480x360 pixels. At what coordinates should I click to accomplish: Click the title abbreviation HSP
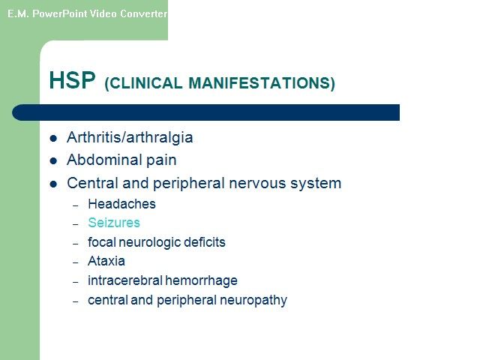pos(72,80)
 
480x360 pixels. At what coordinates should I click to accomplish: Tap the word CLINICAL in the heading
pos(143,83)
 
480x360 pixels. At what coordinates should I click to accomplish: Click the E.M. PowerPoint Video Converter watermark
pos(87,13)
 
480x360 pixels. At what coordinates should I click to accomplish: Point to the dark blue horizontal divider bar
pos(205,112)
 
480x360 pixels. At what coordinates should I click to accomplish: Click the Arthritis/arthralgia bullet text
pos(130,137)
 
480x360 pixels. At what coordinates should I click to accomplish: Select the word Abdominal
pos(104,160)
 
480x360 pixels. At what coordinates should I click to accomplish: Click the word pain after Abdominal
pos(161,160)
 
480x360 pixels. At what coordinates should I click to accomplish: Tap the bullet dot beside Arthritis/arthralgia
pos(53,138)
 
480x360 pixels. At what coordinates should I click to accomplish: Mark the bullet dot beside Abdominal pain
pos(53,161)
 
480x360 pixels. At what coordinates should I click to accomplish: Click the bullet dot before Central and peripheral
pos(53,184)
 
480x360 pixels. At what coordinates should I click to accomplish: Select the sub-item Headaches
pos(121,204)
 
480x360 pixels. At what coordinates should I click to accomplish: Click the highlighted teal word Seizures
pos(114,223)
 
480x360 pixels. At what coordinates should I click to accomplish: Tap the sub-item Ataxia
pos(106,261)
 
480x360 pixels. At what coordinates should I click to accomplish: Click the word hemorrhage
pos(201,281)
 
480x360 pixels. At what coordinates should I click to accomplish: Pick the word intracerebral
pos(125,280)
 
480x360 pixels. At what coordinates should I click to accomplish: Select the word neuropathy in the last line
pos(253,301)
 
